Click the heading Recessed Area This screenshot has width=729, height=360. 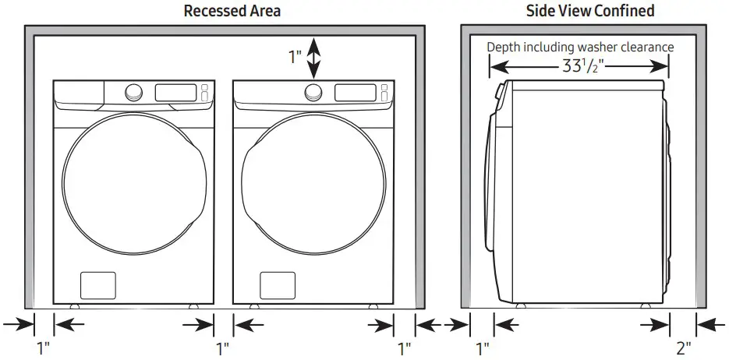pyautogui.click(x=232, y=11)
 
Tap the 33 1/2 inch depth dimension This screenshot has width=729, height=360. pyautogui.click(x=578, y=67)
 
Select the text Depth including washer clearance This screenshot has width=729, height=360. pyautogui.click(x=580, y=47)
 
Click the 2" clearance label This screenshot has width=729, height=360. pyautogui.click(x=683, y=346)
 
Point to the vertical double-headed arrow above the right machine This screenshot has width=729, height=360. pyautogui.click(x=313, y=58)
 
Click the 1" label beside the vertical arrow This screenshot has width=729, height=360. pyautogui.click(x=295, y=58)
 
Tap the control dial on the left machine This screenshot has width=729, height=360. pyautogui.click(x=133, y=93)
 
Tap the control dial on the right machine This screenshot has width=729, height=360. pyautogui.click(x=313, y=93)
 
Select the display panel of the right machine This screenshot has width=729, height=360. pyautogui.click(x=355, y=92)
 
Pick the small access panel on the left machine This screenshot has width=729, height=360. pyautogui.click(x=98, y=284)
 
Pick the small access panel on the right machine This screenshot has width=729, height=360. pyautogui.click(x=277, y=284)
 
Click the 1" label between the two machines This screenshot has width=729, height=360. pyautogui.click(x=222, y=346)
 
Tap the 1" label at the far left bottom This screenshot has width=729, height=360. pyautogui.click(x=44, y=346)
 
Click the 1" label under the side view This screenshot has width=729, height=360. pyautogui.click(x=482, y=346)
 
